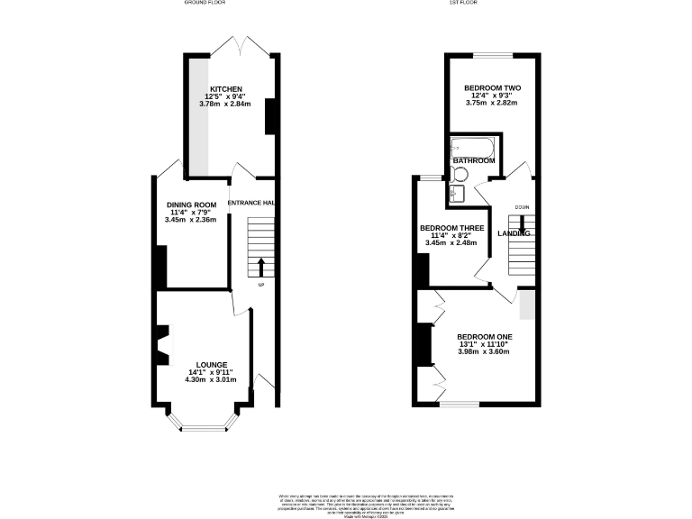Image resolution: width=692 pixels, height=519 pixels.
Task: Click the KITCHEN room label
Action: (x=226, y=89)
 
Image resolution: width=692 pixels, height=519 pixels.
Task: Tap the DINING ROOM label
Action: (x=191, y=204)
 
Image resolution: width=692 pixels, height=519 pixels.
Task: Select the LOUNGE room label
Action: (x=213, y=365)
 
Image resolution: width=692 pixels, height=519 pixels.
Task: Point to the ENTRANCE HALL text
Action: (x=251, y=204)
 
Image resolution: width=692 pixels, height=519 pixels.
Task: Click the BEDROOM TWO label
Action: (x=493, y=87)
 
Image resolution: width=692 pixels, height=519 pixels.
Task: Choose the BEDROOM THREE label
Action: (x=453, y=228)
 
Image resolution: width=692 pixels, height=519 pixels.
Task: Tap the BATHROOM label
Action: (x=474, y=160)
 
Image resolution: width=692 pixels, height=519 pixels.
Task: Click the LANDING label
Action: (x=514, y=233)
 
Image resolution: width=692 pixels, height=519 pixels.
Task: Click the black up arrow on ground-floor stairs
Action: (x=261, y=268)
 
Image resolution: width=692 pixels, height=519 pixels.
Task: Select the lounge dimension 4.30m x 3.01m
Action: (x=213, y=379)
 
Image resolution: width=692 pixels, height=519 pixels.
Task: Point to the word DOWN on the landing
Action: (x=522, y=207)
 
